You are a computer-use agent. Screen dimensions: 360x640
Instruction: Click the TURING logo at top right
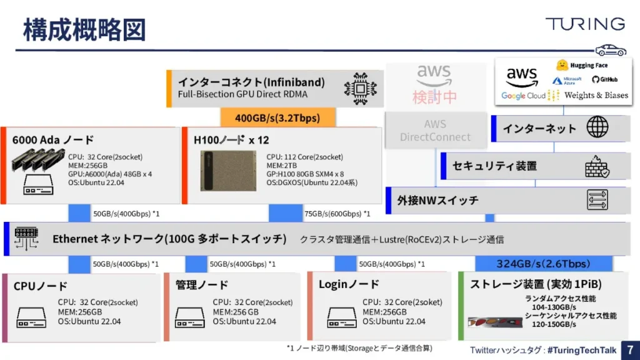click(x=584, y=24)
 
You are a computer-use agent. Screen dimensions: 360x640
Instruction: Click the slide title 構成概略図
click(x=84, y=29)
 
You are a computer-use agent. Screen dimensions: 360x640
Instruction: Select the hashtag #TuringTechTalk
click(x=581, y=350)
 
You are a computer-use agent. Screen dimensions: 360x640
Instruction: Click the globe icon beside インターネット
click(x=597, y=127)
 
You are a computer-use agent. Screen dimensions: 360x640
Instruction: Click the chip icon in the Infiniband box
click(x=360, y=88)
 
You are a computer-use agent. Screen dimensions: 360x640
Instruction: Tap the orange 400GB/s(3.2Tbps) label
click(x=277, y=117)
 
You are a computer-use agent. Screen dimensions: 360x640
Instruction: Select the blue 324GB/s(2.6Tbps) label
click(x=542, y=263)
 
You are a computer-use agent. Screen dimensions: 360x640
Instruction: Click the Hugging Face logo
click(x=581, y=65)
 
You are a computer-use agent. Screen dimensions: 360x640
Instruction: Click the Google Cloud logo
click(x=523, y=96)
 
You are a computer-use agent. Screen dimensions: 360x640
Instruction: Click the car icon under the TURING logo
click(x=610, y=50)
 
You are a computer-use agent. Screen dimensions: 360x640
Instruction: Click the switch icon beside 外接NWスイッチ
click(x=597, y=200)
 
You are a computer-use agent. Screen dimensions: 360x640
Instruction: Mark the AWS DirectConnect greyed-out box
click(x=435, y=131)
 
